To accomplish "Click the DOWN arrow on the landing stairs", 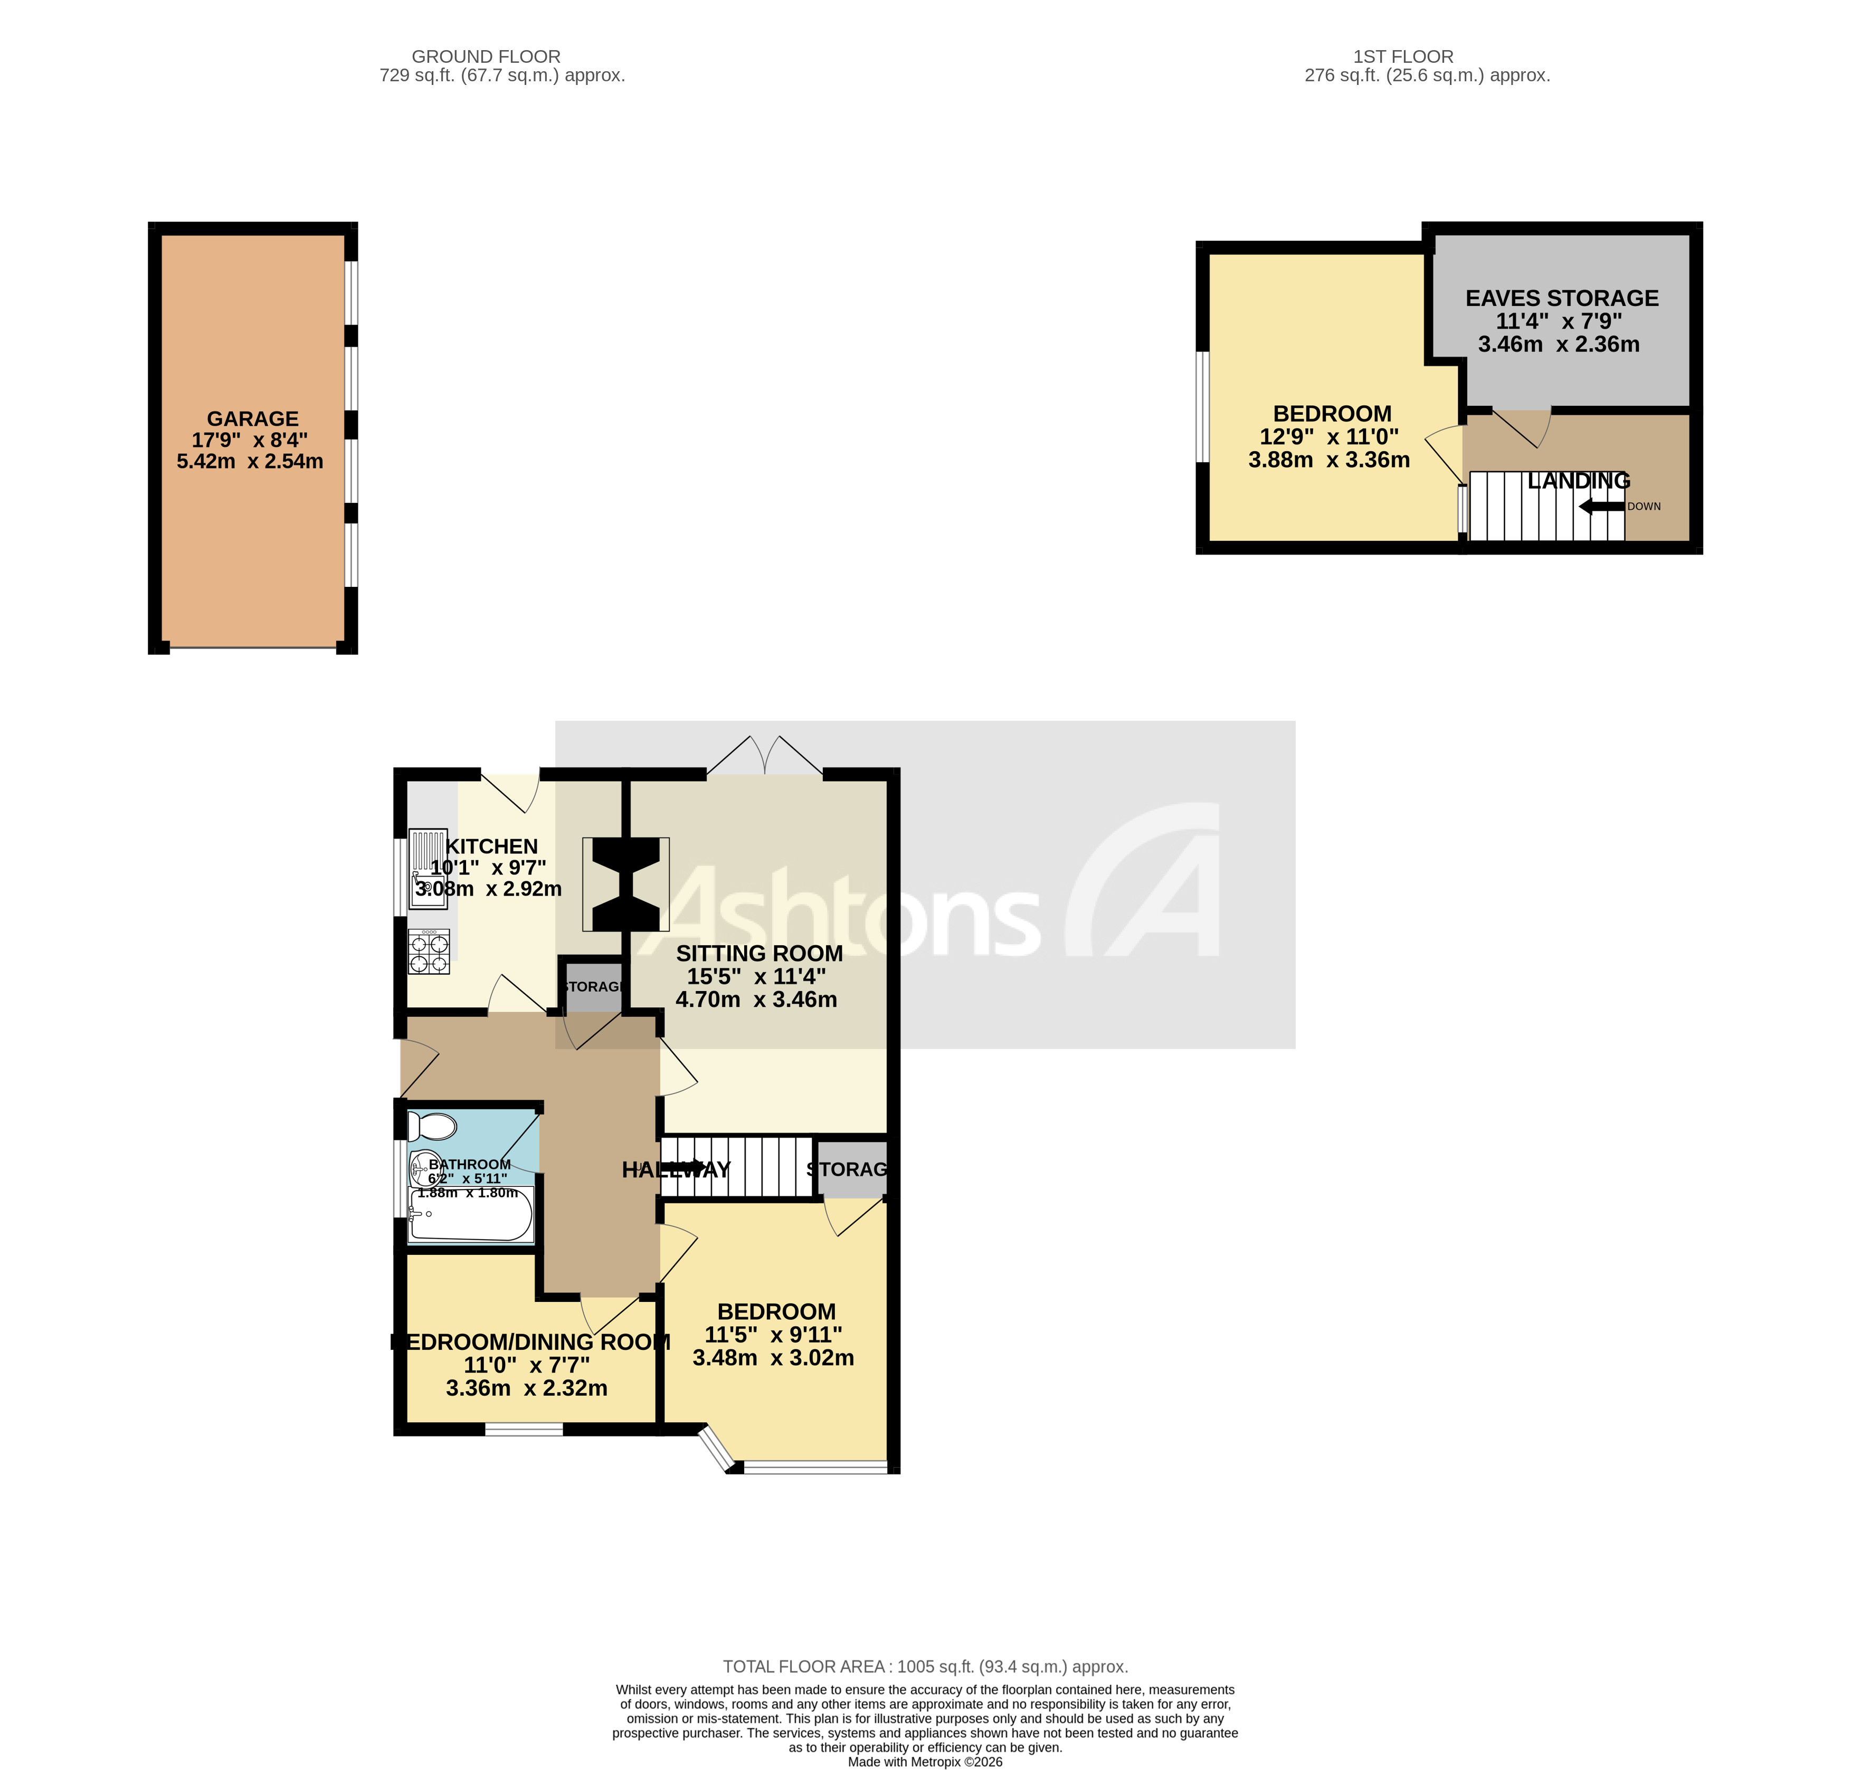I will point(1602,507).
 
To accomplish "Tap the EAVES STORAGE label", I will point(1561,298).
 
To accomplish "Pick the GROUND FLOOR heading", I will point(486,56).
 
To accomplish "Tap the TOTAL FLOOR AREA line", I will point(925,1667).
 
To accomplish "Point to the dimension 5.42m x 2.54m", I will point(250,461).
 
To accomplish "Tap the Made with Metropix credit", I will point(925,1762).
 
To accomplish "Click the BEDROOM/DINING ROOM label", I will point(530,1341).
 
